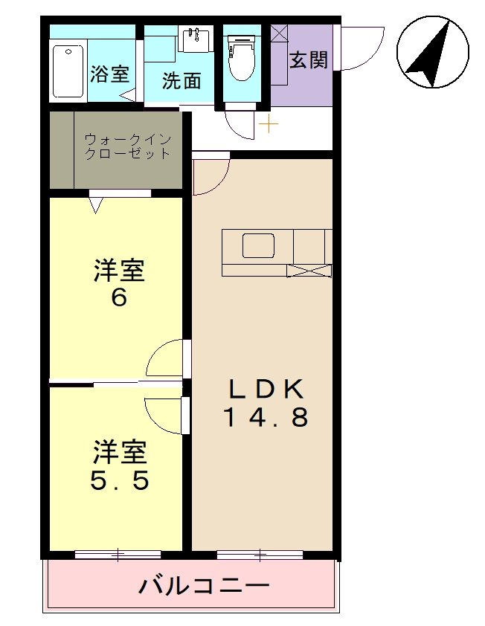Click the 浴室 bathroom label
110,74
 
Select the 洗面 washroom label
182,80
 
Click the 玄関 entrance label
308,60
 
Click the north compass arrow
432,53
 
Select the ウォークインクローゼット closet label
127,146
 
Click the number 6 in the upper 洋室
119,298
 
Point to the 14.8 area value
266,418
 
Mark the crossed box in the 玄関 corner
279,33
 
